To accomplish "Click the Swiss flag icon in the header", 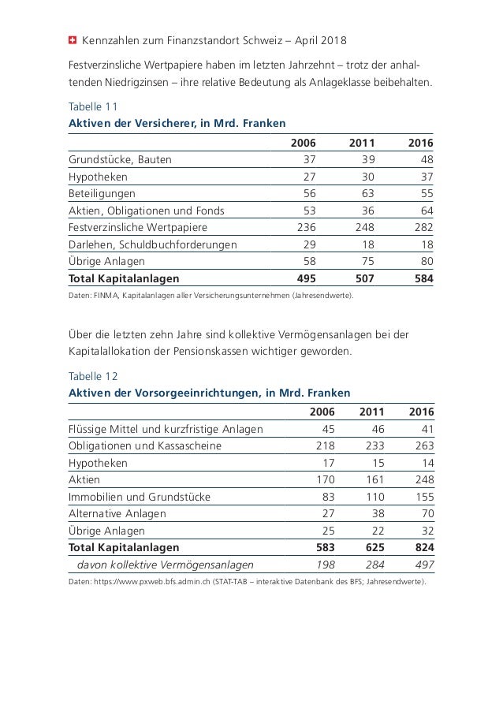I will [72, 39].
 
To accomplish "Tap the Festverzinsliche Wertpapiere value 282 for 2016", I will [423, 227].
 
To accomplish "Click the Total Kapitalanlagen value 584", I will [423, 278].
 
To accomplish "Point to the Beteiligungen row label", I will [102, 193].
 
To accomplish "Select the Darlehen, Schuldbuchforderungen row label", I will [152, 244].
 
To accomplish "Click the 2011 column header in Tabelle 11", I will [361, 143].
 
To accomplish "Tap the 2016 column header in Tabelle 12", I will [423, 412].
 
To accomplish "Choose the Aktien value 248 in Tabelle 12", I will [423, 479].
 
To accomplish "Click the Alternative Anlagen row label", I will [117, 513].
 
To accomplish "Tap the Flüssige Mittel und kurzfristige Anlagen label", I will [166, 429].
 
